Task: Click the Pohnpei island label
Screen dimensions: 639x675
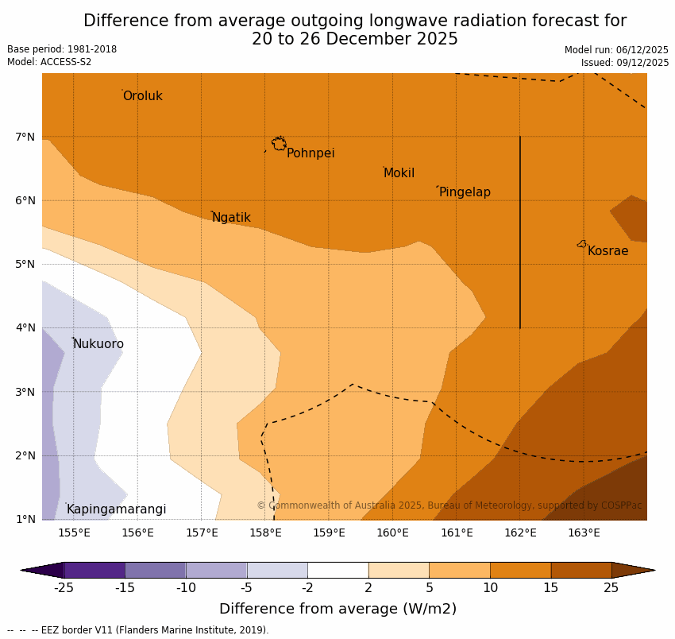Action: click(x=310, y=153)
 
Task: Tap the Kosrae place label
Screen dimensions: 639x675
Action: click(x=607, y=251)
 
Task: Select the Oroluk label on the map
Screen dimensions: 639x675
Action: click(x=143, y=96)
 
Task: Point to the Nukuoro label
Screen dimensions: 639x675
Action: click(x=98, y=344)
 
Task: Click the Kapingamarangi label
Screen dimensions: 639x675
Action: click(x=117, y=509)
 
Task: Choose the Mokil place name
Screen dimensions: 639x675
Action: click(x=399, y=173)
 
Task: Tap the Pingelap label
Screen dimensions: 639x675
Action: click(x=465, y=192)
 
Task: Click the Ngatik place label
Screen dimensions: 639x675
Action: click(x=231, y=218)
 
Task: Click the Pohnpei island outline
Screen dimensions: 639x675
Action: click(x=279, y=144)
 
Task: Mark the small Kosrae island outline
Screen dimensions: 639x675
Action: click(x=582, y=244)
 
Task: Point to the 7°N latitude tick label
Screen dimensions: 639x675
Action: click(x=25, y=137)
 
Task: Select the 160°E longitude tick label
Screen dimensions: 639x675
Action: click(x=392, y=532)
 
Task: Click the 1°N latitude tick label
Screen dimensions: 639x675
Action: click(x=25, y=519)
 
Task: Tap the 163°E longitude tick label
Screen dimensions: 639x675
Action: click(x=584, y=532)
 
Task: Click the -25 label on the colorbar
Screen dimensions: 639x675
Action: click(x=64, y=588)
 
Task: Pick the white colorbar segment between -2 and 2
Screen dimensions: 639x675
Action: click(x=337, y=570)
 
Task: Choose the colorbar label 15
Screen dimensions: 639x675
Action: click(x=551, y=588)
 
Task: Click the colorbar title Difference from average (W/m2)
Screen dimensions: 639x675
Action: click(x=337, y=609)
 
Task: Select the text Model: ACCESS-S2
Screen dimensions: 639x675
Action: click(x=49, y=62)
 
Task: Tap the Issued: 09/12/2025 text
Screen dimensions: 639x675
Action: click(x=624, y=63)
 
